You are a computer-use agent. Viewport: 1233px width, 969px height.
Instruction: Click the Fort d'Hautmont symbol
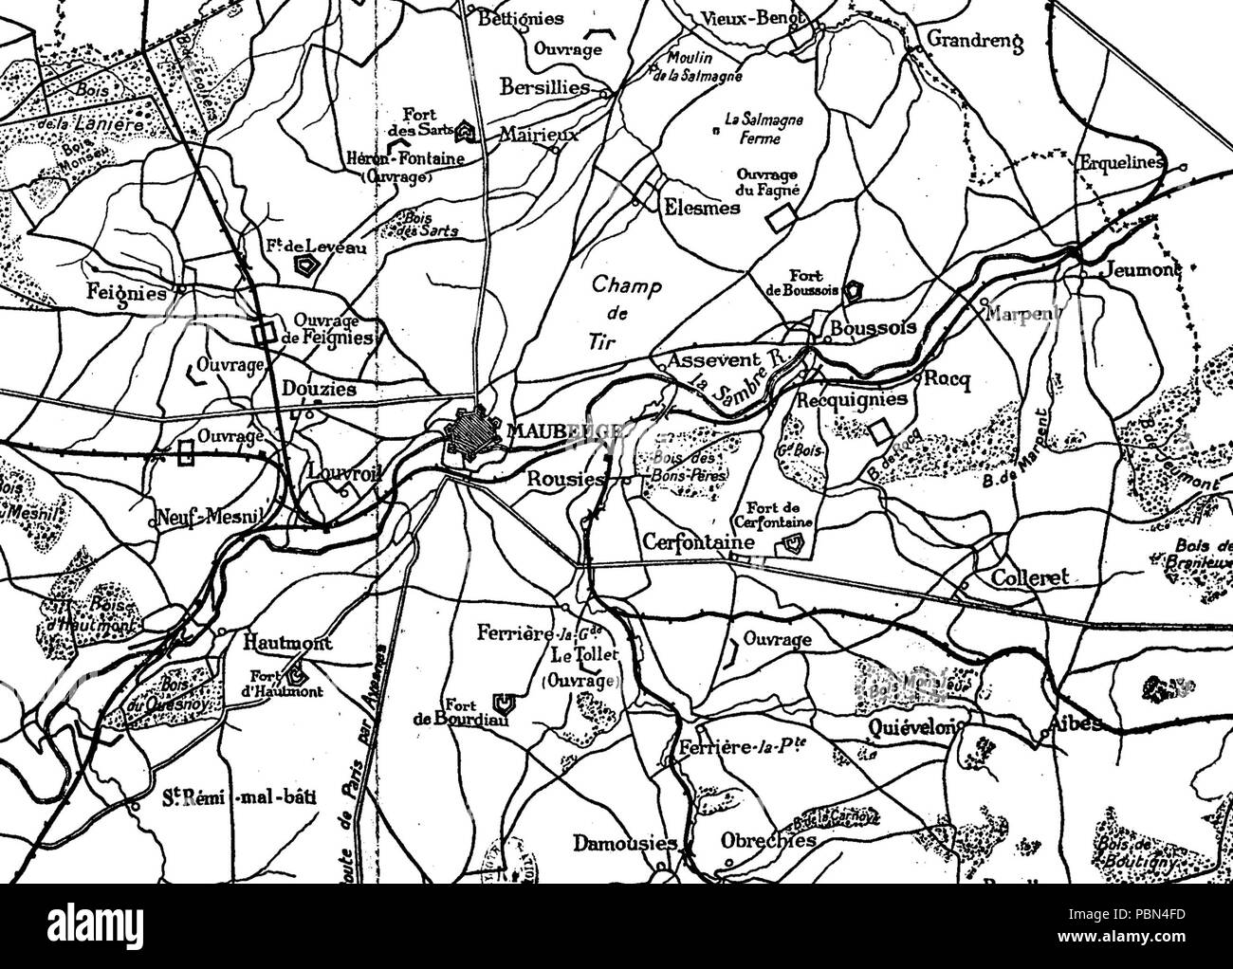click(297, 676)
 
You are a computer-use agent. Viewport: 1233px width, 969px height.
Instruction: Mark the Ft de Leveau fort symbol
click(306, 266)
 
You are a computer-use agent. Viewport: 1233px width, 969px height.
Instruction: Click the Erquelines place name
click(1120, 162)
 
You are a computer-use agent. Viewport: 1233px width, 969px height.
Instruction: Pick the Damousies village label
click(624, 843)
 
